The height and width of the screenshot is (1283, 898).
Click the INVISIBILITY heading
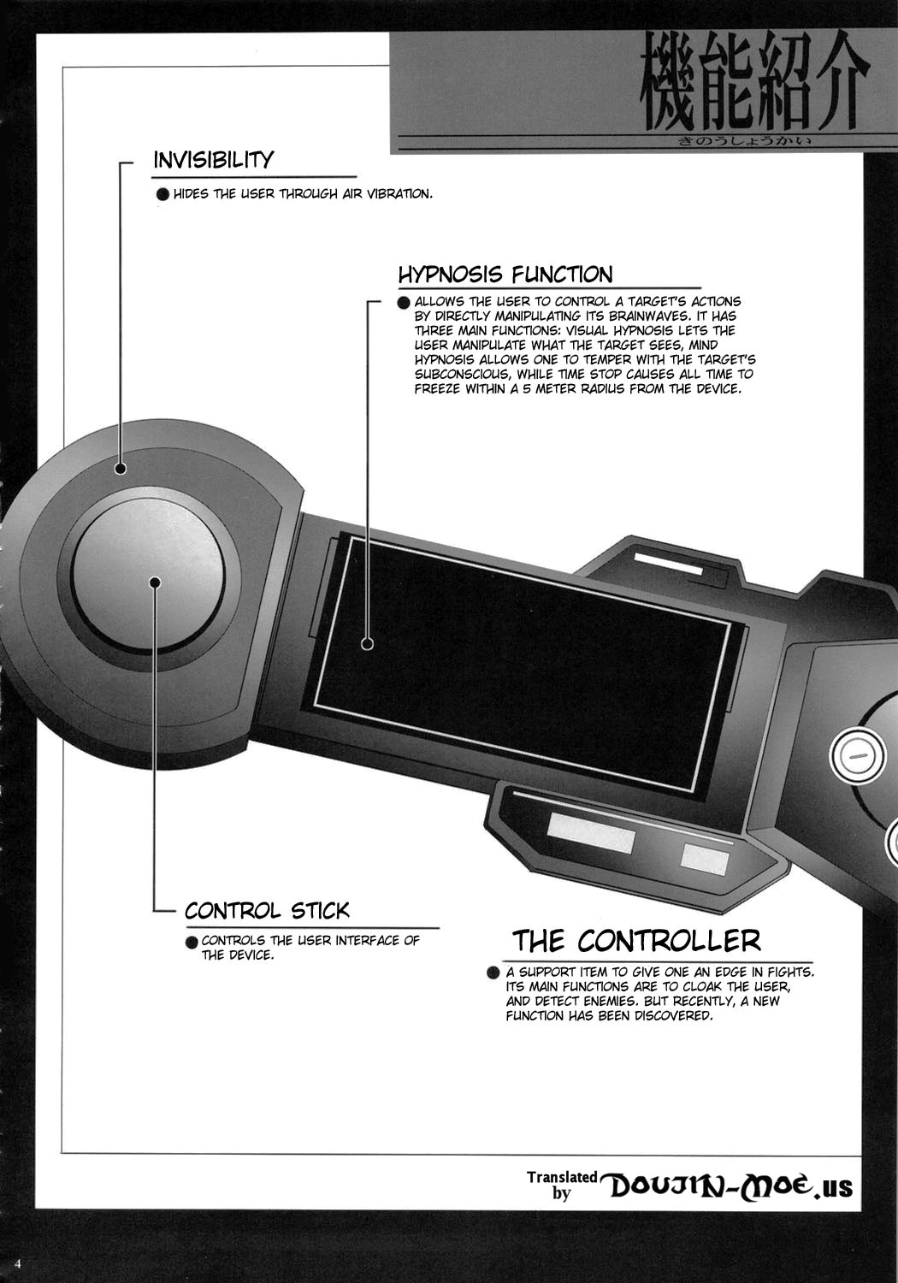213,160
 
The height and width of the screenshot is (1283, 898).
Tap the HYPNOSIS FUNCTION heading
505,275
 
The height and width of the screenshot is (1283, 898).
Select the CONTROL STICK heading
267,910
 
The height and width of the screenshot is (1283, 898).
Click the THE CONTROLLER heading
636,940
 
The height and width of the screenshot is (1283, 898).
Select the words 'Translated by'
562,1185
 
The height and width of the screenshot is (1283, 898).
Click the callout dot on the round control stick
155,582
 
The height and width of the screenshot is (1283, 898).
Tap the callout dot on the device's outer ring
121,469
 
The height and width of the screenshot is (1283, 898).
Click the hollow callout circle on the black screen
368,644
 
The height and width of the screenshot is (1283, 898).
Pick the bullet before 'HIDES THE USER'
163,195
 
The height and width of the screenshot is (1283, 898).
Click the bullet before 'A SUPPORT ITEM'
493,973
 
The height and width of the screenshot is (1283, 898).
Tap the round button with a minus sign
857,755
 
